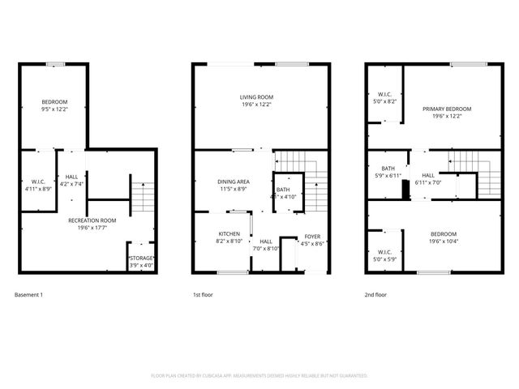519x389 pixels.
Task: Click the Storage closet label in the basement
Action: point(141,258)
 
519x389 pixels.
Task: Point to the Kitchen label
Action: point(229,236)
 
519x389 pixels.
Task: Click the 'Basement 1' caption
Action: point(29,295)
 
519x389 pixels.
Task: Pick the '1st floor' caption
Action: point(203,295)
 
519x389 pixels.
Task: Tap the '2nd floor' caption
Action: point(375,295)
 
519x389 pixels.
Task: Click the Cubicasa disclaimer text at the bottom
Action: point(259,376)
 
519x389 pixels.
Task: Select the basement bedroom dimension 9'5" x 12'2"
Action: point(54,109)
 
